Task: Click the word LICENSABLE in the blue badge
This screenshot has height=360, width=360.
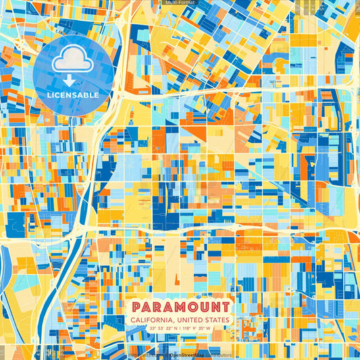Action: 73,95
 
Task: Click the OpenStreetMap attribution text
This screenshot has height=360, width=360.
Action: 188,354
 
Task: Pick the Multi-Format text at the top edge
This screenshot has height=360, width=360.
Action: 179,3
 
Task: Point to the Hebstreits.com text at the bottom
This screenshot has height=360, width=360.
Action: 144,354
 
